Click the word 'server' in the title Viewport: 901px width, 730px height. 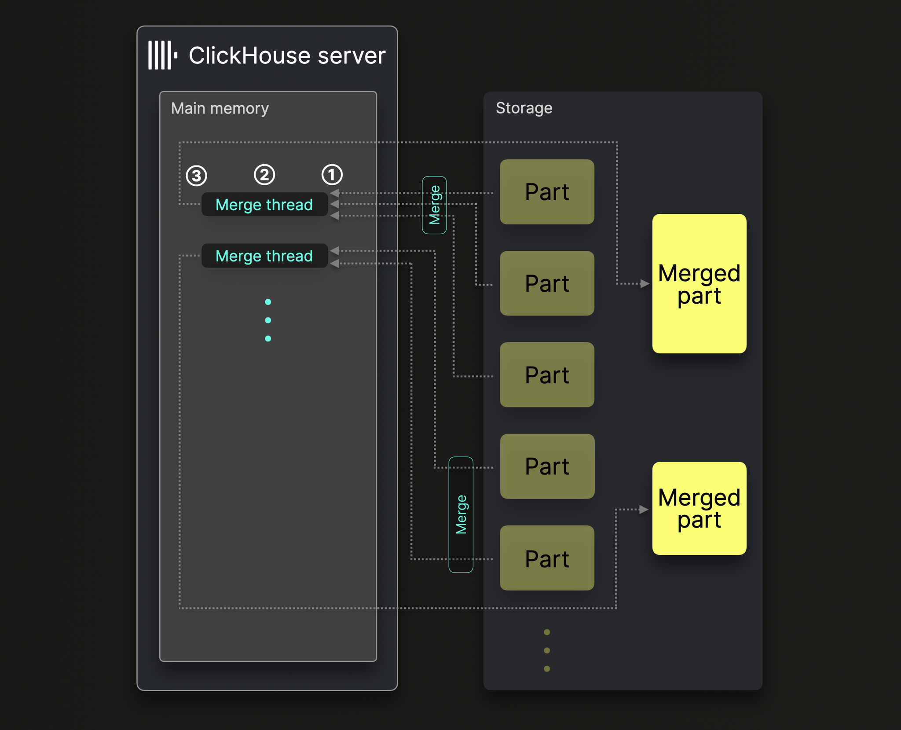click(352, 56)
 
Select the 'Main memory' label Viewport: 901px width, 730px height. click(220, 108)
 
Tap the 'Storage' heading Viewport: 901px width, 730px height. click(524, 108)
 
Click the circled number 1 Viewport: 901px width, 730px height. click(332, 175)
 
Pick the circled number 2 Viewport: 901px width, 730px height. click(264, 175)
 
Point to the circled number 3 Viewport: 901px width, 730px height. click(196, 176)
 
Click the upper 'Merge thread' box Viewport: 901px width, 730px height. click(264, 205)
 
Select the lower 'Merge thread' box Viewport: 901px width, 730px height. click(264, 256)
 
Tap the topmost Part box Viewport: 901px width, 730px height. click(547, 192)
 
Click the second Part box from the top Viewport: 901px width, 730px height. click(547, 283)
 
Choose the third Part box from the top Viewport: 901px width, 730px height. click(547, 375)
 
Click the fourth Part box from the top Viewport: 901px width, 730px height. click(547, 466)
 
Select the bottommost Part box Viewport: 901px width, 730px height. click(547, 558)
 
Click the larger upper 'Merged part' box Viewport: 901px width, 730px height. click(699, 284)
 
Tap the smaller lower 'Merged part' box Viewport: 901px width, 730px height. click(699, 508)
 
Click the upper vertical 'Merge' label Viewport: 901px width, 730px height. click(434, 205)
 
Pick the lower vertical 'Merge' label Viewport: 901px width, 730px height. click(461, 514)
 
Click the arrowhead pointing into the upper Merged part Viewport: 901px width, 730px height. click(645, 284)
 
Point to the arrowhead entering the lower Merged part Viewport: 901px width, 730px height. click(644, 510)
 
